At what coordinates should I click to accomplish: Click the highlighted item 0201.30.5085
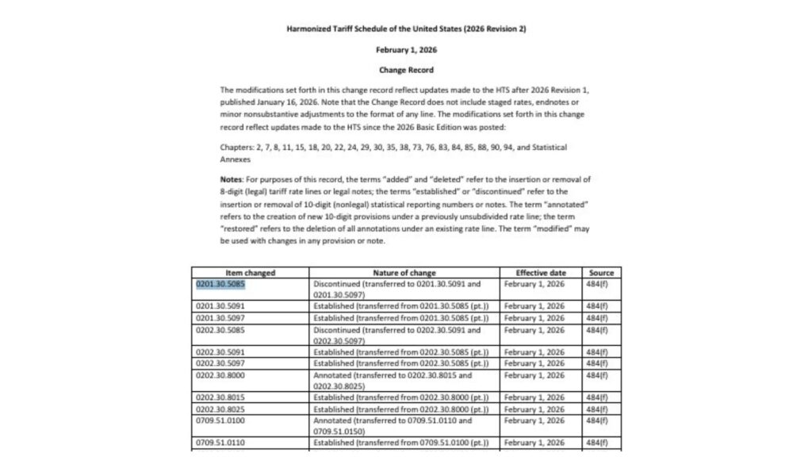(x=218, y=282)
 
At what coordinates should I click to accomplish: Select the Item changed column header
(x=250, y=273)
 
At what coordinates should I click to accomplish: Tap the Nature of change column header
(x=404, y=273)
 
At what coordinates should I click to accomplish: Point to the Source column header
(x=601, y=273)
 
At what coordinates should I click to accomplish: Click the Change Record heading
(x=406, y=70)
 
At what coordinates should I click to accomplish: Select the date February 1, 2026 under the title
(x=406, y=49)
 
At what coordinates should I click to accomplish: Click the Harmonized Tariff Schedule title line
(x=406, y=29)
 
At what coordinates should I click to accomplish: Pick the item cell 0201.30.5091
(x=218, y=305)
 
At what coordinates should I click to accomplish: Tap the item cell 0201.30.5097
(x=218, y=317)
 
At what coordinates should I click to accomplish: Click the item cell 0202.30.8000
(x=218, y=374)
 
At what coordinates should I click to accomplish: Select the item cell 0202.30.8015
(x=218, y=397)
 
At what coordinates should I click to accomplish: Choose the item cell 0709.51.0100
(x=218, y=421)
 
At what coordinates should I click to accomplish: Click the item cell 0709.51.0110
(x=218, y=443)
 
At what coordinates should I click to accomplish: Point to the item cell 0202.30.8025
(x=218, y=409)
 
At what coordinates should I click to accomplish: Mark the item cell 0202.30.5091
(x=218, y=351)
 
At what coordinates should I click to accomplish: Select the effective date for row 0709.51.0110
(x=534, y=443)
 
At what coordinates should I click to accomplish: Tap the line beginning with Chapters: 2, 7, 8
(x=393, y=148)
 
